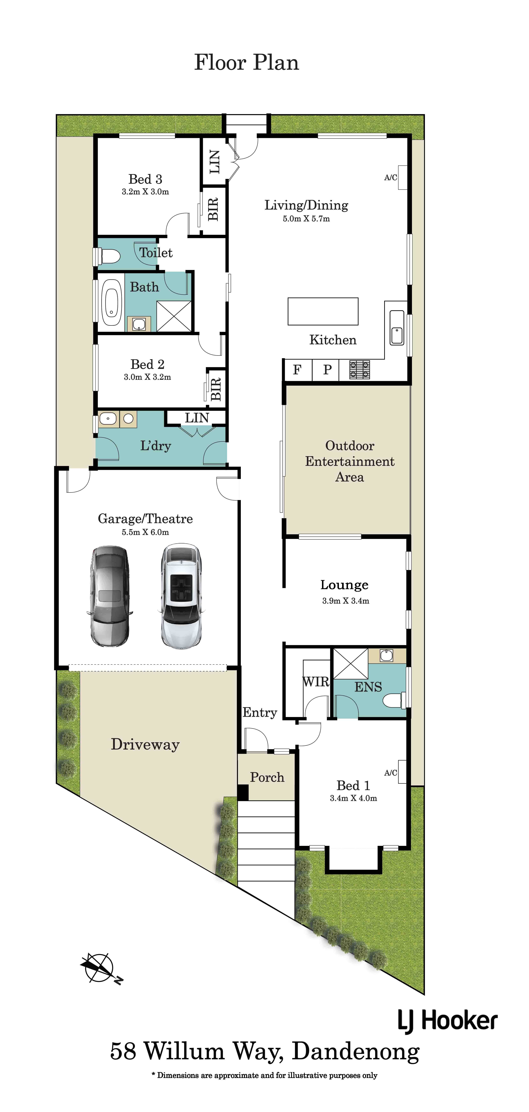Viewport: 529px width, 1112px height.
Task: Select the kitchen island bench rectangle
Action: pos(323,311)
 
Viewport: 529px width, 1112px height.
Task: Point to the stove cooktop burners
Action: pos(360,369)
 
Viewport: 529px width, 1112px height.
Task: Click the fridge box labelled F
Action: pos(297,370)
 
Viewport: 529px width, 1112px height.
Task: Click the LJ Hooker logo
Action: pos(448,1021)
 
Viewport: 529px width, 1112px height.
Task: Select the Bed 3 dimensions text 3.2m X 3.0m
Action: pos(145,192)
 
